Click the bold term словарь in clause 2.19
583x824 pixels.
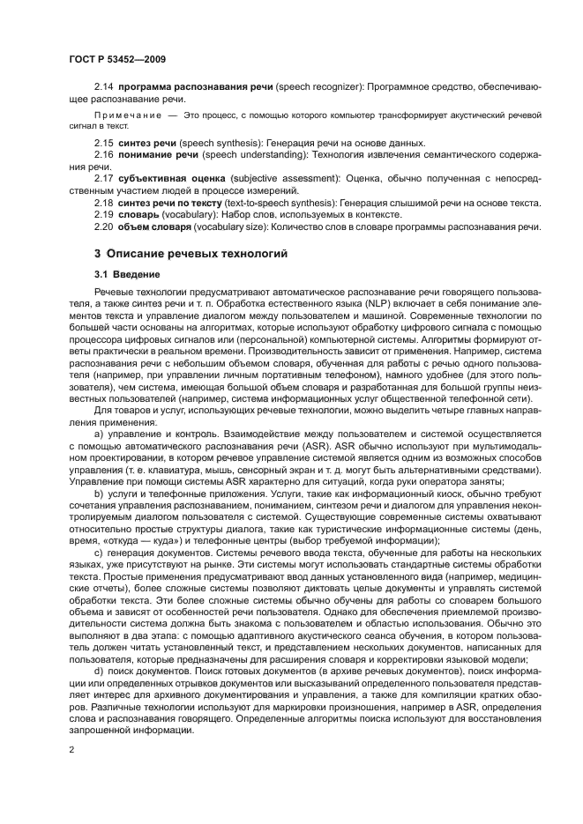[x=139, y=215]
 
